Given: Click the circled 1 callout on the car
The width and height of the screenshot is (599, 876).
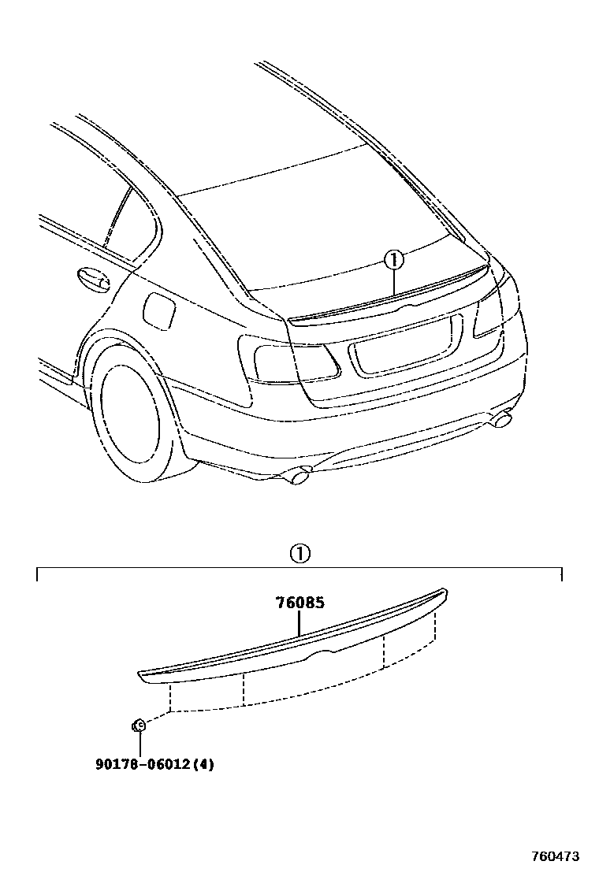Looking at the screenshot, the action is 393,259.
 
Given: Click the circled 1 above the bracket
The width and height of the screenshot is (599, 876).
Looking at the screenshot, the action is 300,553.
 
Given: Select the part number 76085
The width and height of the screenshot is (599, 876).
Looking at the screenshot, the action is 299,603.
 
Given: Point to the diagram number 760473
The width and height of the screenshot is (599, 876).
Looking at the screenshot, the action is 555,856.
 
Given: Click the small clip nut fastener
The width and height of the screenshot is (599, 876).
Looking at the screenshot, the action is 138,725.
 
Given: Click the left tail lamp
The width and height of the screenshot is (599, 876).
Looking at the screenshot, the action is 292,362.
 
